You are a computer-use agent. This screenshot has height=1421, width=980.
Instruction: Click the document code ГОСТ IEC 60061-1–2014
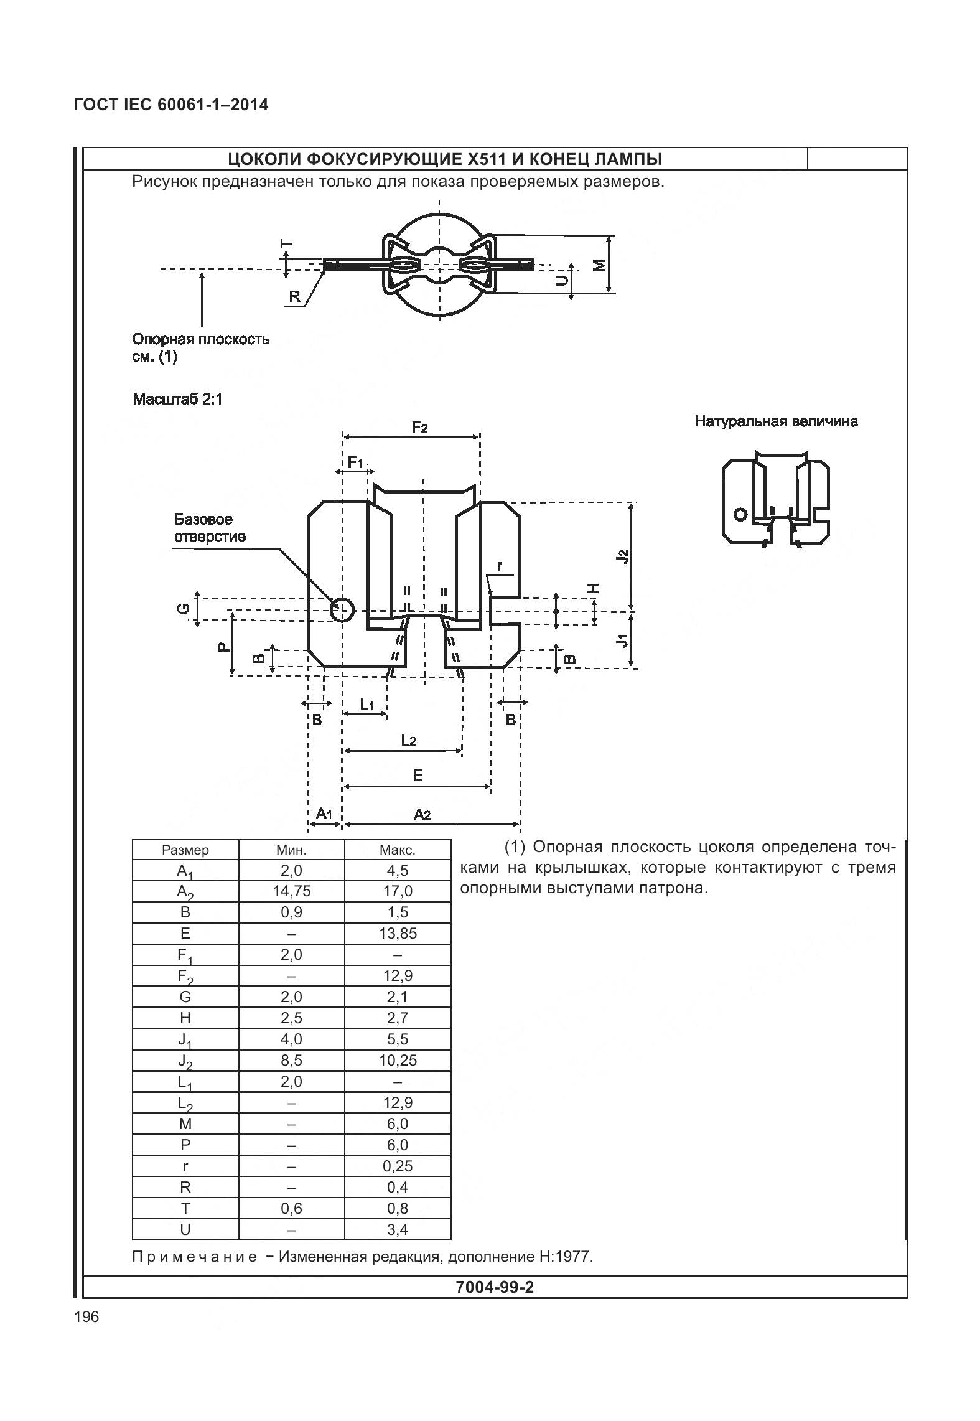[171, 105]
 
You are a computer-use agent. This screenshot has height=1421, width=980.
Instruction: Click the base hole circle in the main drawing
[341, 610]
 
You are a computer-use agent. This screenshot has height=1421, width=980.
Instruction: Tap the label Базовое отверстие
[210, 528]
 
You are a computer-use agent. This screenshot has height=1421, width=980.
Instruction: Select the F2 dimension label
[419, 428]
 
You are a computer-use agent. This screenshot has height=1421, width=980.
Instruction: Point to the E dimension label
[418, 775]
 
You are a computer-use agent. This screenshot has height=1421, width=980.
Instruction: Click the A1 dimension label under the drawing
[325, 814]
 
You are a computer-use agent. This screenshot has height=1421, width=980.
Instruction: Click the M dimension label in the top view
[599, 265]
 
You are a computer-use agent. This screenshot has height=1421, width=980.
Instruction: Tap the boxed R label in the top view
[294, 297]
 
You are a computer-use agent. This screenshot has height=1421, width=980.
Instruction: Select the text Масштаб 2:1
[177, 399]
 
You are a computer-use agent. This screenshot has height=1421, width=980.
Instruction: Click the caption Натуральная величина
[776, 421]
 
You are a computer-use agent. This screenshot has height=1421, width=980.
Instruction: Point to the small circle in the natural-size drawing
[740, 514]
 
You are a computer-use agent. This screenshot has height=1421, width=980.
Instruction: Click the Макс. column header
[397, 850]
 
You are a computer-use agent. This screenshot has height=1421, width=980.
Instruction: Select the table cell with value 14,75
[291, 891]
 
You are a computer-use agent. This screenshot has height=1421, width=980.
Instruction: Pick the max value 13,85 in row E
[397, 934]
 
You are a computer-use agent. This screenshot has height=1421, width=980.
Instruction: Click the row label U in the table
[185, 1230]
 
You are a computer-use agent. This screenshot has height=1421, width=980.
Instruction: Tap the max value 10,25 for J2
[397, 1061]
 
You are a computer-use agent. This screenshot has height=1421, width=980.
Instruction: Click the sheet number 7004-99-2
[494, 1287]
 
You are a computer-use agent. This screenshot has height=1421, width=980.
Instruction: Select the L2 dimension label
[408, 740]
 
